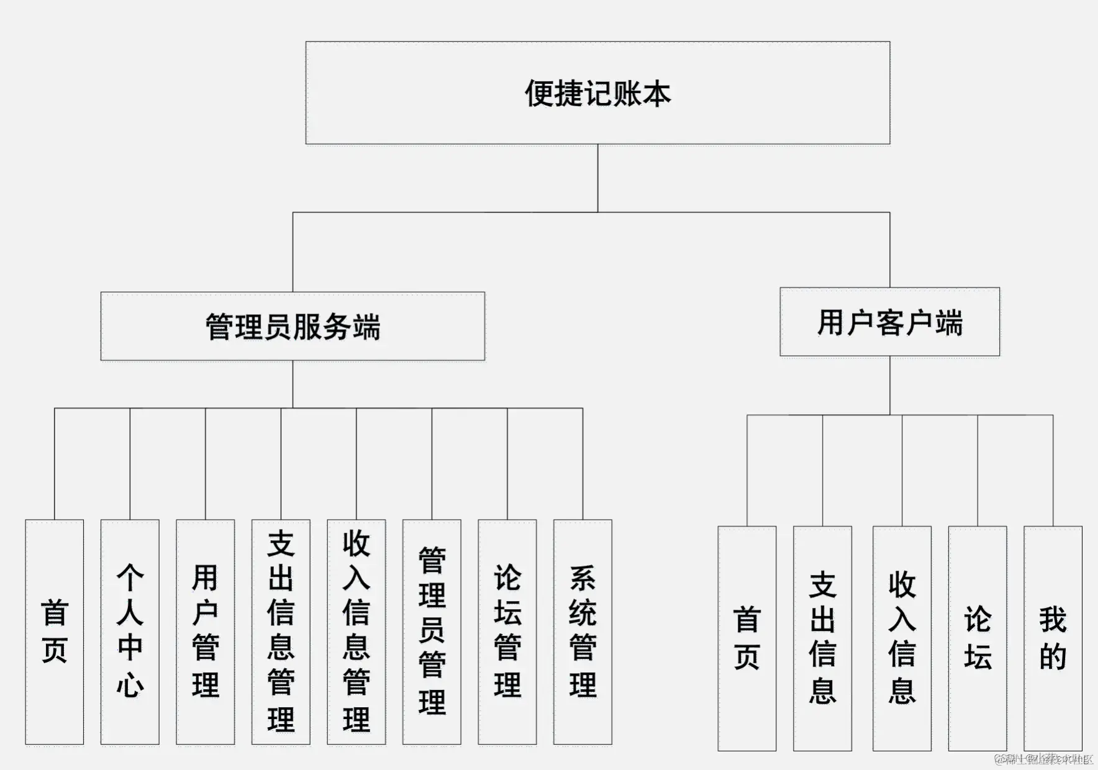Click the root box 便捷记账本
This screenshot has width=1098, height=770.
(x=597, y=93)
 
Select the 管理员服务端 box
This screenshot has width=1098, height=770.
(x=293, y=327)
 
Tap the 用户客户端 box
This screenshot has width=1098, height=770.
(x=889, y=322)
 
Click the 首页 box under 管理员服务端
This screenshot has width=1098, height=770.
(x=55, y=632)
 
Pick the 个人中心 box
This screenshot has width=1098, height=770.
(x=130, y=632)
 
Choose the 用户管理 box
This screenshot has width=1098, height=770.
(x=206, y=632)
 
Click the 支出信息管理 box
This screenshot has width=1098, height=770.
(x=281, y=632)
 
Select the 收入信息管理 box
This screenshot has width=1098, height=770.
(x=356, y=632)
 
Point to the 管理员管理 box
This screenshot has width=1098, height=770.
(x=432, y=632)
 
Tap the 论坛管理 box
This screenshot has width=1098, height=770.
(x=507, y=632)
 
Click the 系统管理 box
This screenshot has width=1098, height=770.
(x=583, y=632)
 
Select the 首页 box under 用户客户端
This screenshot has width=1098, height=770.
(x=747, y=638)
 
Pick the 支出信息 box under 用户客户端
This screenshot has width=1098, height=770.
(x=822, y=638)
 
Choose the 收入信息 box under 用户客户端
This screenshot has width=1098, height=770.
(x=902, y=638)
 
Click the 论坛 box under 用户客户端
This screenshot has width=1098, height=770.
(x=978, y=638)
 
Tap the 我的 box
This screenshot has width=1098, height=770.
(x=1053, y=638)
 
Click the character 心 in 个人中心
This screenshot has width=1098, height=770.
(x=130, y=685)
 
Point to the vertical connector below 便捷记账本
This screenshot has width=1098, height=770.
(x=597, y=178)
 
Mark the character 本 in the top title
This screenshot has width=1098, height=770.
(x=657, y=94)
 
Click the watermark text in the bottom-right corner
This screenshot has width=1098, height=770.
(x=1043, y=758)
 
